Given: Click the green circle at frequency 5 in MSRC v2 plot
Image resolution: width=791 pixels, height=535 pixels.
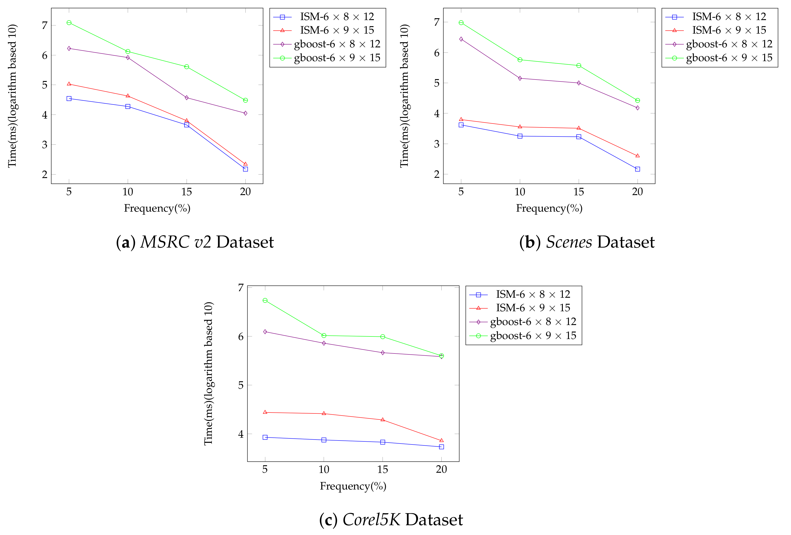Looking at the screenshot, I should tap(69, 23).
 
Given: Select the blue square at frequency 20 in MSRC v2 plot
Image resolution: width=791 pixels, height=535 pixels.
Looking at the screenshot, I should tap(245, 169).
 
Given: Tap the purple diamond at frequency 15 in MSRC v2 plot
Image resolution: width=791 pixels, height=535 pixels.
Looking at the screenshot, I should tap(187, 98).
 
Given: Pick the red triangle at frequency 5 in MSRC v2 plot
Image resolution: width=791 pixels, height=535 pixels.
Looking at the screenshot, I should tap(69, 84).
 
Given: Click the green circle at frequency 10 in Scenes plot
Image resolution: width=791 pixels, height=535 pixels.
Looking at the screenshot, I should tap(520, 60).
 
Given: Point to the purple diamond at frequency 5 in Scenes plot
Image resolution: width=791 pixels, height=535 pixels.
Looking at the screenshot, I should tap(461, 39).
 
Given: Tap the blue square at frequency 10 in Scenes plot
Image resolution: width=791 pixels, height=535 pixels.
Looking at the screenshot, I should tap(520, 136).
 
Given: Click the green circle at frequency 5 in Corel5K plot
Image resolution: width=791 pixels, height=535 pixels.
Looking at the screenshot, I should tap(265, 300).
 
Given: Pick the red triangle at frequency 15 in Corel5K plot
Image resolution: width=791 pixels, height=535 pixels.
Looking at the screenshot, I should tap(383, 420).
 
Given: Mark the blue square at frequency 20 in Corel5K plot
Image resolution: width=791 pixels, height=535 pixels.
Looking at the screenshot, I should tap(441, 447).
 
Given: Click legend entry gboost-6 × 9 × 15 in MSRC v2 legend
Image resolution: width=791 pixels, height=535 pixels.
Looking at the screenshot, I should tap(337, 58).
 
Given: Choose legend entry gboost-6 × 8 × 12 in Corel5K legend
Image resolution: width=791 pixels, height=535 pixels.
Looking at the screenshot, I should tap(533, 322).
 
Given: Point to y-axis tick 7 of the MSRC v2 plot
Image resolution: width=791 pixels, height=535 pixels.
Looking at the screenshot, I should tap(45, 25).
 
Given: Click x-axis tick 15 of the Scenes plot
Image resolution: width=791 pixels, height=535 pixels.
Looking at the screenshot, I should tap(579, 192).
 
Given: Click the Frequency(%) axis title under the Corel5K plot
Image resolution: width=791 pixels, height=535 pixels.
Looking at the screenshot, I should tap(353, 486).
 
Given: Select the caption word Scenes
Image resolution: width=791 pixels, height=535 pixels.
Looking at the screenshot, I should tap(569, 242).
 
